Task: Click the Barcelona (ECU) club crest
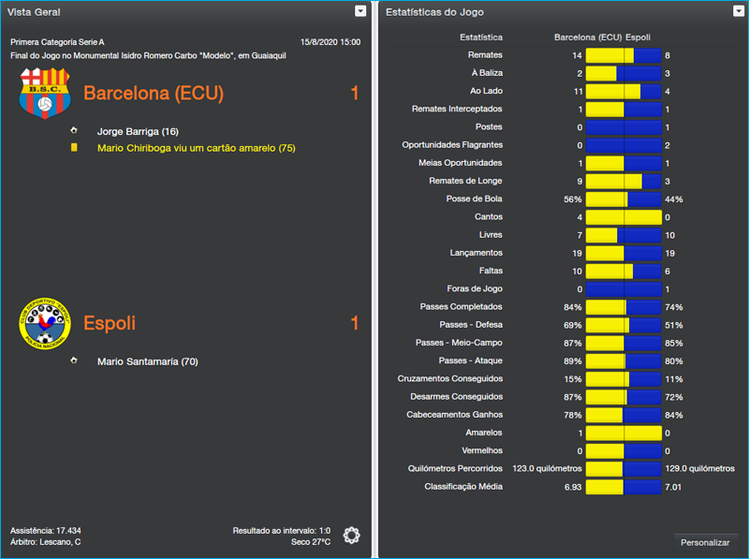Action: point(45,93)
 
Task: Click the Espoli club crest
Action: point(45,323)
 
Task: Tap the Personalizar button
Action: point(705,542)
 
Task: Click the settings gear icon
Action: point(351,535)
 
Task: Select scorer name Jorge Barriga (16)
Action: point(138,131)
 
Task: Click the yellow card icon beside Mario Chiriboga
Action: point(73,148)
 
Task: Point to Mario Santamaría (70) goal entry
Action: point(147,361)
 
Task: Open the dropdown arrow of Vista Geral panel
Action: point(360,11)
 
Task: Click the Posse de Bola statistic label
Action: point(474,199)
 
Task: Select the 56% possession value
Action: point(572,199)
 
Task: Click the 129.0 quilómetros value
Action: point(699,468)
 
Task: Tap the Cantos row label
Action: point(489,217)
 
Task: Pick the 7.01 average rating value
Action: point(674,487)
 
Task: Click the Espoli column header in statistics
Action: point(640,37)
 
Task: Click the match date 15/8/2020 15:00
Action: point(330,42)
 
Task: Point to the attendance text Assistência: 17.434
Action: point(46,530)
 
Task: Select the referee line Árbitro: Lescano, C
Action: point(46,542)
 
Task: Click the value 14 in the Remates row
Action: point(577,56)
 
